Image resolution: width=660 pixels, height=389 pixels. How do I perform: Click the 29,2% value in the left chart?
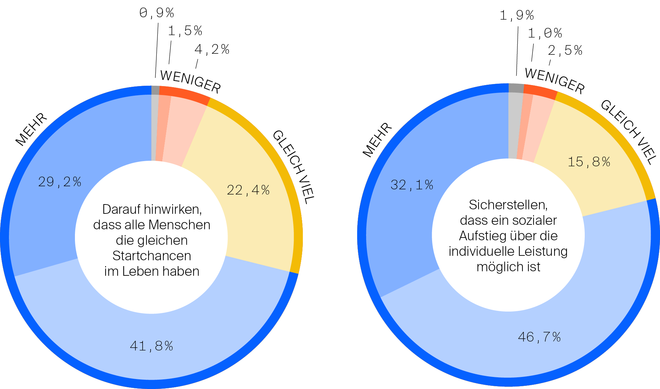click(59, 182)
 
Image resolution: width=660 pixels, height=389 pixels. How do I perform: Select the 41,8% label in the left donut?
click(151, 346)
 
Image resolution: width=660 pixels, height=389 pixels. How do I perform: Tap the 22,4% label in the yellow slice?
click(248, 190)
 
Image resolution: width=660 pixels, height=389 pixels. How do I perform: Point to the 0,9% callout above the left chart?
click(157, 13)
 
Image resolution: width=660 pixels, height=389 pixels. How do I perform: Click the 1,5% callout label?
click(185, 31)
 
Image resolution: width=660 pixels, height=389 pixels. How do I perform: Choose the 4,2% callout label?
click(212, 50)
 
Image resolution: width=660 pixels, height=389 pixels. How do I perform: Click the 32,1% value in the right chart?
click(412, 185)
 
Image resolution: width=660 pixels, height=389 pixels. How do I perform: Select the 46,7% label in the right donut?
click(539, 337)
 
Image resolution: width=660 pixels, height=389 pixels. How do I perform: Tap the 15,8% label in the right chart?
click(589, 162)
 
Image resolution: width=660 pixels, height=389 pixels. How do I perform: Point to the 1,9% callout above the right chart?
click(517, 15)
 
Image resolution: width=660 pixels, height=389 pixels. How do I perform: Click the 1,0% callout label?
click(545, 33)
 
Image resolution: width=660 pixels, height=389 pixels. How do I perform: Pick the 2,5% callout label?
click(565, 51)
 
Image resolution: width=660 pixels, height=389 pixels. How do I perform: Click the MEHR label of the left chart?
click(31, 129)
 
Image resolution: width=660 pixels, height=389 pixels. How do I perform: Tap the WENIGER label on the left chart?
click(190, 82)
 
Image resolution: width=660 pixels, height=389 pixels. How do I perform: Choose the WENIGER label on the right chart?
click(555, 81)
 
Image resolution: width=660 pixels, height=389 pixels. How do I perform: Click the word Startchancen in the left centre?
click(152, 256)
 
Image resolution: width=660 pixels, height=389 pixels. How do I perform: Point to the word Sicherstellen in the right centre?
click(508, 205)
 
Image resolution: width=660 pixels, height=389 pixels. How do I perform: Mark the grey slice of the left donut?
click(155, 127)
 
